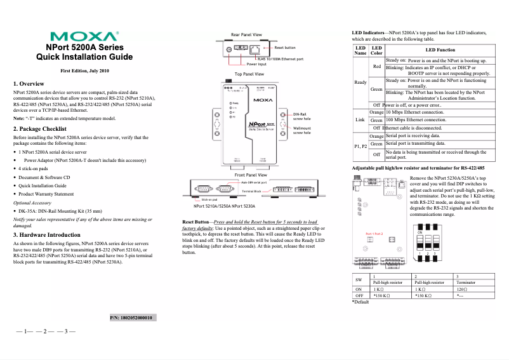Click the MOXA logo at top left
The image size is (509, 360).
[84, 36]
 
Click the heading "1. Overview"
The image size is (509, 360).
[29, 83]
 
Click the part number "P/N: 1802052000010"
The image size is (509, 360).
[135, 317]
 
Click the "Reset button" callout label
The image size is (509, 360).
[284, 48]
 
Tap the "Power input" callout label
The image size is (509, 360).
[256, 64]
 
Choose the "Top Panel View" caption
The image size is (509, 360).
[249, 74]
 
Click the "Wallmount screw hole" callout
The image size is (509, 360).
[301, 131]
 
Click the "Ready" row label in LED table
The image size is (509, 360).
[360, 83]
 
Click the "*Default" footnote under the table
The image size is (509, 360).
[360, 302]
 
